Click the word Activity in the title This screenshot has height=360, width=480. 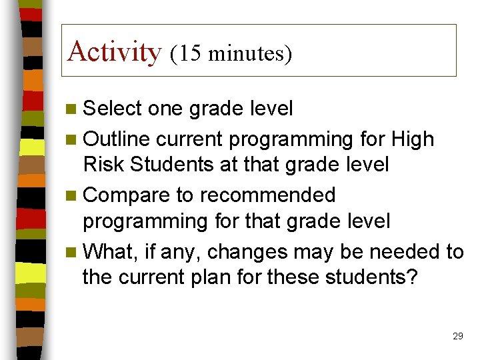coord(115,51)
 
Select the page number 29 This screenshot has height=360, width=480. coord(457,336)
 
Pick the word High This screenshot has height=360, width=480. coord(413,139)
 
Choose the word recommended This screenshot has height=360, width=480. coord(268,195)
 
